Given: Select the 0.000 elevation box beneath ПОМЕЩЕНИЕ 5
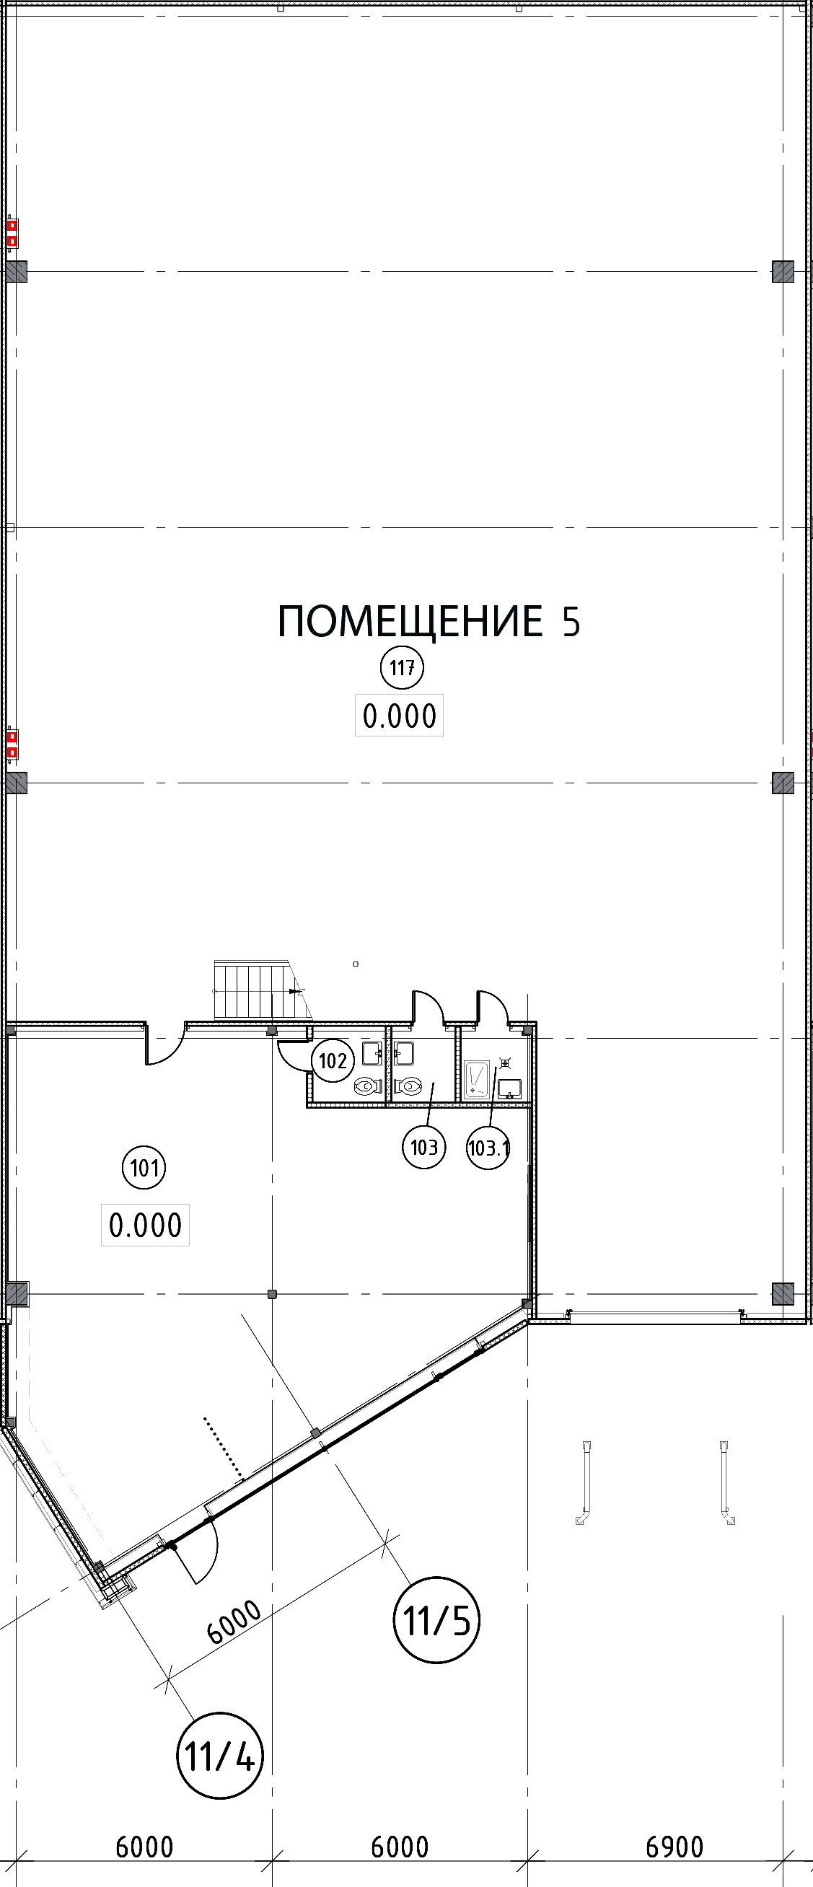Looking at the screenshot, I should tap(398, 716).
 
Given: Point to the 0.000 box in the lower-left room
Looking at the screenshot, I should tap(144, 1223).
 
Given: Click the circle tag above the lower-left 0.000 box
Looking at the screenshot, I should tap(145, 1166).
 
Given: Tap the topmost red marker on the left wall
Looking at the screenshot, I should tap(12, 226).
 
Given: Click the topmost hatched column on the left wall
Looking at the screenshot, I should tap(17, 273).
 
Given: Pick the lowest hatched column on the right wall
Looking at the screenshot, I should tap(783, 1291).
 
